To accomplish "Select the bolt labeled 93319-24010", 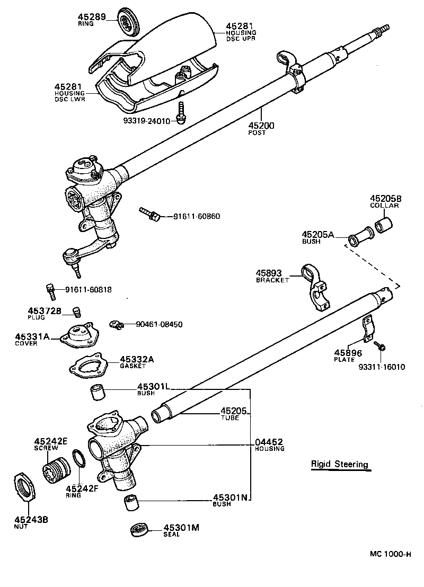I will point(181,112).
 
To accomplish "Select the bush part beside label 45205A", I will point(360,238).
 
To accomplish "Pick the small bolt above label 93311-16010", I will point(379,346).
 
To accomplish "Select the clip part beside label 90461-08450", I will point(116,324).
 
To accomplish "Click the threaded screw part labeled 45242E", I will point(55,468).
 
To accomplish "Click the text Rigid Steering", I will point(339,465).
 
